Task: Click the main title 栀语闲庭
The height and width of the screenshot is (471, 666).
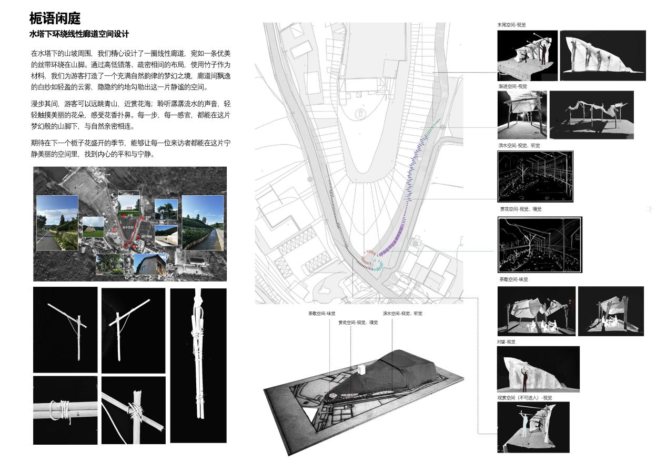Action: coord(55,19)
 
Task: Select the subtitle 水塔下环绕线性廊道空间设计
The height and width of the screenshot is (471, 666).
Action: coord(79,34)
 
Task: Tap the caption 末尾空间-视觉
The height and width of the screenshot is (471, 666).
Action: coord(511,25)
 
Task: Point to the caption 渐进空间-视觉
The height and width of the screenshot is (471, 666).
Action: coord(512,86)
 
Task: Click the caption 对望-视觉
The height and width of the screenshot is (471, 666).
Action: coord(506,342)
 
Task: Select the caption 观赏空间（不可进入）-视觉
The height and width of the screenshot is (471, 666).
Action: coord(524,398)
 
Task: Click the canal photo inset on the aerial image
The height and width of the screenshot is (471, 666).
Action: coord(203,222)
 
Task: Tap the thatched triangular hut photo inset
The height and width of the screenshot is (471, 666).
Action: coord(93,226)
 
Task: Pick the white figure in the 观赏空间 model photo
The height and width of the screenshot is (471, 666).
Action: coord(524,424)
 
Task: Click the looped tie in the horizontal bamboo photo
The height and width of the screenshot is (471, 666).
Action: coord(60,410)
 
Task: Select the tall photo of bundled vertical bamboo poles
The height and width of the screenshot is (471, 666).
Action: coord(198,365)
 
